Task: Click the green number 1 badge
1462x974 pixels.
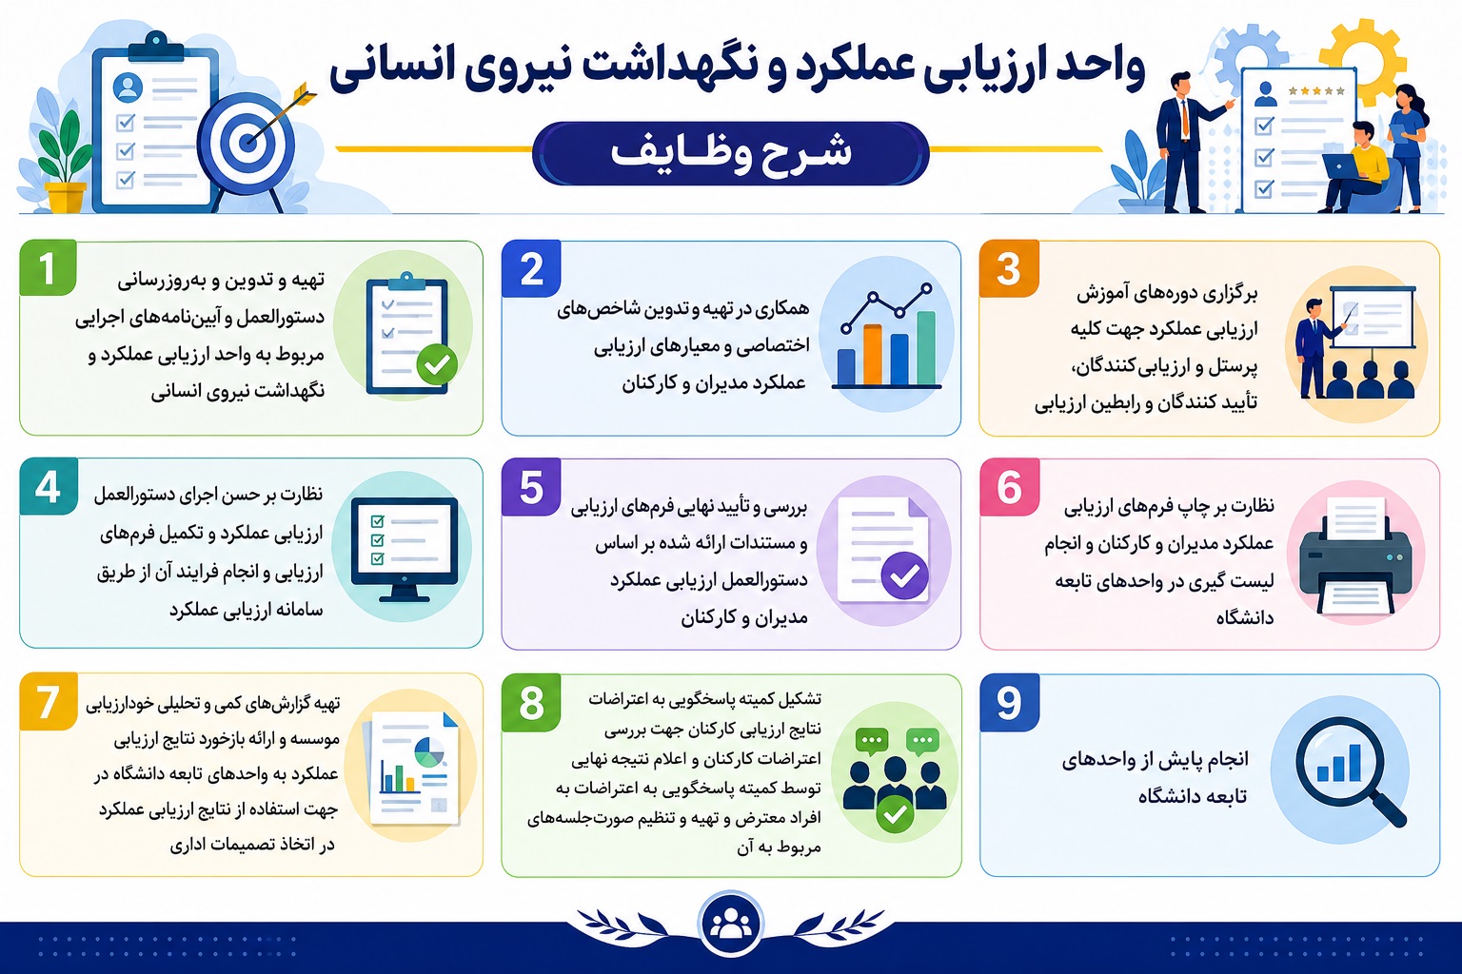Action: click(49, 267)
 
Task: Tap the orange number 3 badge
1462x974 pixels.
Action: click(1009, 268)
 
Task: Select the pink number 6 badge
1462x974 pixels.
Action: click(1010, 487)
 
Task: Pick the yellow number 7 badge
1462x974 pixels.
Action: click(49, 702)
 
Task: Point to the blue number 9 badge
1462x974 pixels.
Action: click(1010, 703)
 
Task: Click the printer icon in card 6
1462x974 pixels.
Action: click(1355, 555)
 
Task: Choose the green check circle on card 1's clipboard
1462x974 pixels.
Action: click(437, 364)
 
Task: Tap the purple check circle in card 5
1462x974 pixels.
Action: click(904, 575)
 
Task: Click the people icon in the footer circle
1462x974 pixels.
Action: click(730, 925)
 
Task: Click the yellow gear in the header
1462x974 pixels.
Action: click(1363, 59)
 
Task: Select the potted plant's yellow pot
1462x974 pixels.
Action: click(66, 198)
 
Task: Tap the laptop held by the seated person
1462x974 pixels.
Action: click(1341, 166)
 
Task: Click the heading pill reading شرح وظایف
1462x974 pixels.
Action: click(730, 153)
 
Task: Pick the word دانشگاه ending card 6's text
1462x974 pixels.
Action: click(1244, 617)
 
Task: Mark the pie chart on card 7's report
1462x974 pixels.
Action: click(429, 751)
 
